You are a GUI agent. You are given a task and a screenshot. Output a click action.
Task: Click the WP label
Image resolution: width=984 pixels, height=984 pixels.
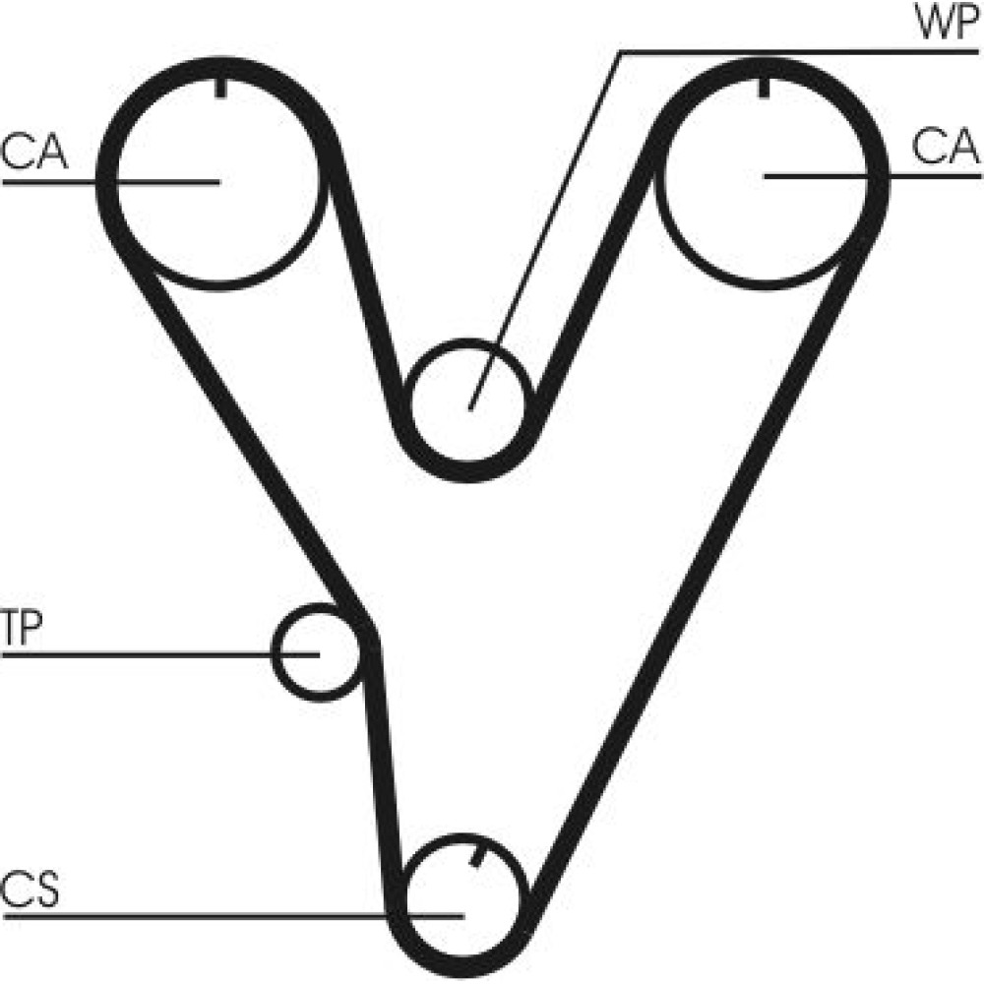947,23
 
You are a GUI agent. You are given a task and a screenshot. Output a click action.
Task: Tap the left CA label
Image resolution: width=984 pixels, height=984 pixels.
33,153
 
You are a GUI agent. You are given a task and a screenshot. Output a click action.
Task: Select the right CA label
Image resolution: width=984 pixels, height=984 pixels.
945,147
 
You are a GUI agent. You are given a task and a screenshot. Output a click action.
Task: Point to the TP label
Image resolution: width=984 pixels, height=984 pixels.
23,628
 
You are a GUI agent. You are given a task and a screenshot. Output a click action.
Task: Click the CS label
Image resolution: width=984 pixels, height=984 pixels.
31,890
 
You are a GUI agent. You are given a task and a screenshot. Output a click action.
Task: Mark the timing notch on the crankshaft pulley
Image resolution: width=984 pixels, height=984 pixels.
478,857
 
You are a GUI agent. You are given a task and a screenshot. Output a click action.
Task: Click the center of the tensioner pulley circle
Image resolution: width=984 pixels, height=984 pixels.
318,653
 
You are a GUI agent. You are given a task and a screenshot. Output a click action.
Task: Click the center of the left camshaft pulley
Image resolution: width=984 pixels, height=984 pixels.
218,181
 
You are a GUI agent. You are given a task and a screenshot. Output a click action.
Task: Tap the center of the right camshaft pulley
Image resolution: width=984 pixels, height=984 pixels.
766,177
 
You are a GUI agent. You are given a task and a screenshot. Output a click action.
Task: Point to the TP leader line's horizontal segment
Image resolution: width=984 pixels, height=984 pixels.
160,655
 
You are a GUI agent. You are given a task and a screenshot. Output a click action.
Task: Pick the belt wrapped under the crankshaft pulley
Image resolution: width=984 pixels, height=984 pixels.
463,969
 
